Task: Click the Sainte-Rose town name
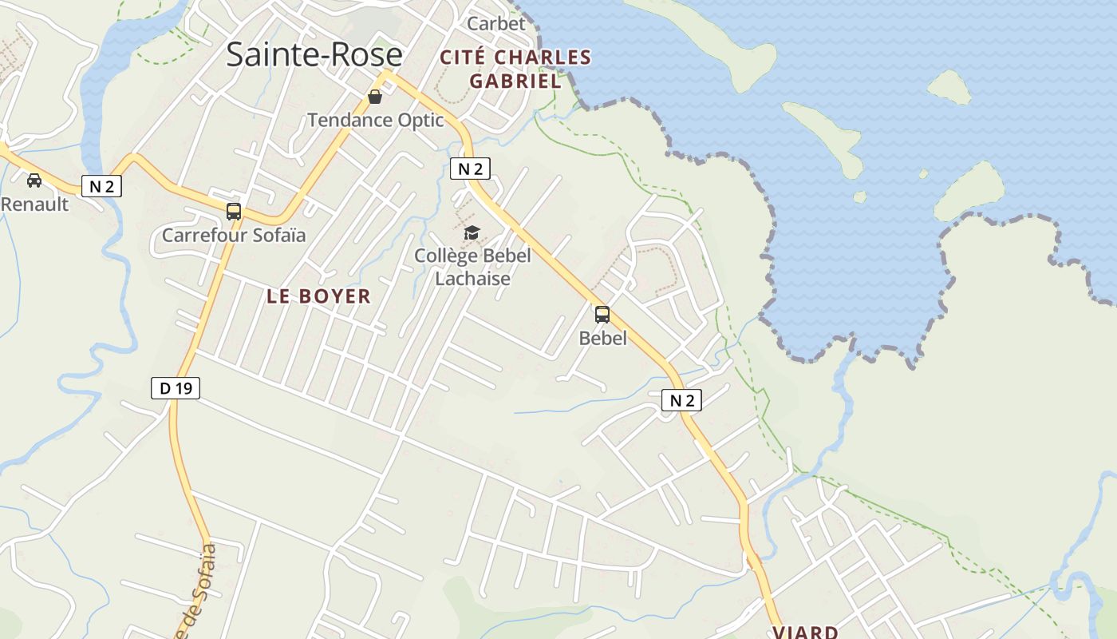pos(314,54)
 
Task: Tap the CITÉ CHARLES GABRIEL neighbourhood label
pos(515,69)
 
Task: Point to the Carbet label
pos(496,23)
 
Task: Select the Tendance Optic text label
pos(375,121)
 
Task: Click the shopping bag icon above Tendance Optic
pos(374,97)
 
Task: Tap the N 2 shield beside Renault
pos(101,187)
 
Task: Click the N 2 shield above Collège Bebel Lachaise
pos(470,169)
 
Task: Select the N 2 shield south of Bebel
pos(681,400)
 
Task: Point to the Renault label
pos(34,204)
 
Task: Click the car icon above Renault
pos(34,181)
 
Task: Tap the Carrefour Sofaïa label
pos(234,236)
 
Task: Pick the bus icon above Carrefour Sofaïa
pos(233,212)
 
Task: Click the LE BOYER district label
pos(318,296)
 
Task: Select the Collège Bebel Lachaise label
pos(472,267)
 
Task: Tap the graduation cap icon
pos(472,232)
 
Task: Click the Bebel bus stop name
pos(602,338)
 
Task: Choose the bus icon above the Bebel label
pos(602,315)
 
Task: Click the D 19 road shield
pos(175,389)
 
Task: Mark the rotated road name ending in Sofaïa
pos(195,591)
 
